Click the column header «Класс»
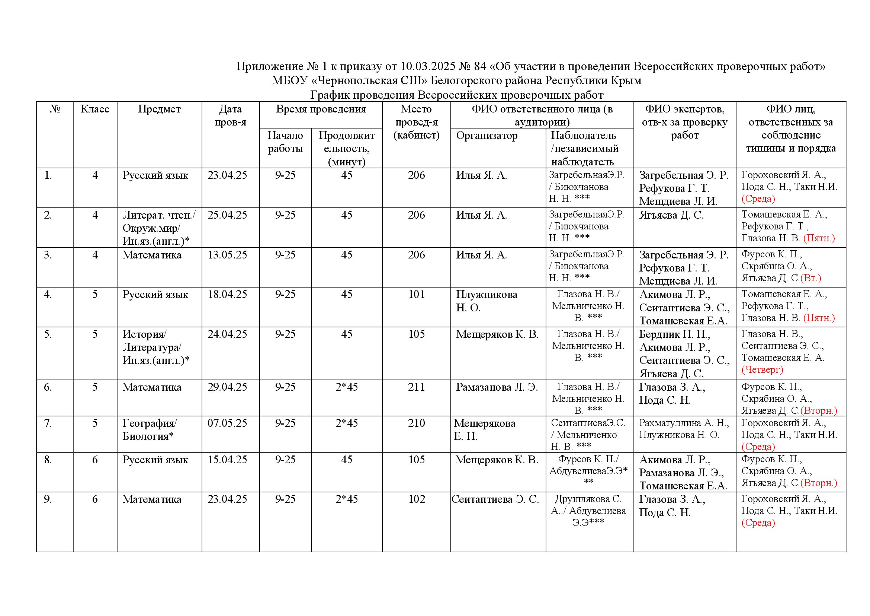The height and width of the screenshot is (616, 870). pyautogui.click(x=95, y=109)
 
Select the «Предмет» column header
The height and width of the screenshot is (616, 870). pyautogui.click(x=159, y=109)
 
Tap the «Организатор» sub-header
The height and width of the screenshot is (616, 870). pyautogui.click(x=487, y=136)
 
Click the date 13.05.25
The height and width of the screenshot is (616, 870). pyautogui.click(x=227, y=255)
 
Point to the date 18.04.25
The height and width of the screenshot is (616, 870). pyautogui.click(x=227, y=295)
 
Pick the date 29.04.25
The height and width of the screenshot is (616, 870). pyautogui.click(x=227, y=387)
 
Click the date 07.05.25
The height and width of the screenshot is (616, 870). pyautogui.click(x=227, y=423)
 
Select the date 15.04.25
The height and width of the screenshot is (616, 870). pyautogui.click(x=227, y=460)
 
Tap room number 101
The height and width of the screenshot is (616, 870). pyautogui.click(x=417, y=295)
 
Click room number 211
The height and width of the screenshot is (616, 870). pyautogui.click(x=417, y=387)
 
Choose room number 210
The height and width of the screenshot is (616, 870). pyautogui.click(x=417, y=423)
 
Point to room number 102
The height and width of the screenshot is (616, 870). pyautogui.click(x=417, y=499)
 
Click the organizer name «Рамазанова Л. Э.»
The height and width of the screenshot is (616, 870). pyautogui.click(x=497, y=387)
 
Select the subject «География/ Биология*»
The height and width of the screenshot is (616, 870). pyautogui.click(x=150, y=430)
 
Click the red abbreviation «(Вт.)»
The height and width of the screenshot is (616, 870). pyautogui.click(x=810, y=278)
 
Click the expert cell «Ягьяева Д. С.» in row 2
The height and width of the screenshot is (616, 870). pyautogui.click(x=671, y=215)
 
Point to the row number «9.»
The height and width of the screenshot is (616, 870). pyautogui.click(x=48, y=499)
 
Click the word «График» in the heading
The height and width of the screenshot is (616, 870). pyautogui.click(x=329, y=95)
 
